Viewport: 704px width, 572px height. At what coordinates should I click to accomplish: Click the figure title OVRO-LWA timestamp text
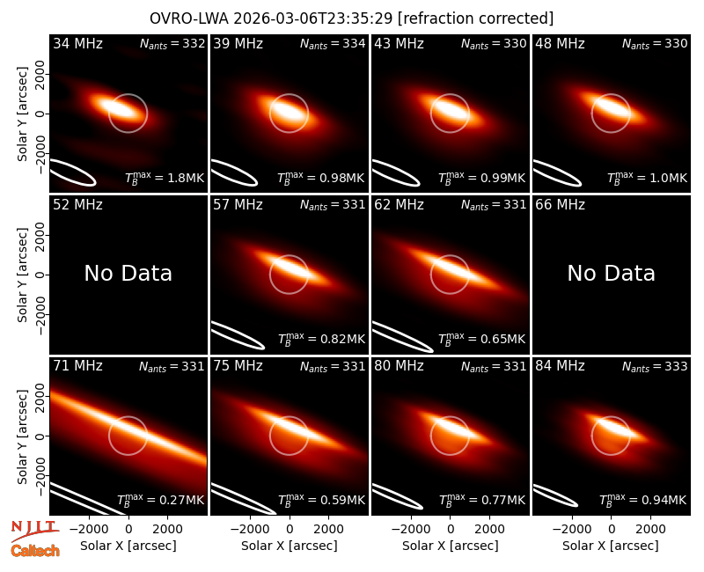(x=351, y=18)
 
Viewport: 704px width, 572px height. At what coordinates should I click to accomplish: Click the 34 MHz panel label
(x=77, y=43)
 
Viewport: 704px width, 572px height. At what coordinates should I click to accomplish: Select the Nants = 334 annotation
(x=333, y=44)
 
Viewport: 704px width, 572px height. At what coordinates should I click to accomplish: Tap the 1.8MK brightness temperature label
(x=165, y=178)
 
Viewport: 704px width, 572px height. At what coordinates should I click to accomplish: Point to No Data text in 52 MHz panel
(x=128, y=273)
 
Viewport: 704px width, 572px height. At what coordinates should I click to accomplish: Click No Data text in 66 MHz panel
(x=611, y=273)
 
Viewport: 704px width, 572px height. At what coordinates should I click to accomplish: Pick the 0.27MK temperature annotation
(x=161, y=499)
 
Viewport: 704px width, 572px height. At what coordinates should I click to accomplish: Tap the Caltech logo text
(x=35, y=551)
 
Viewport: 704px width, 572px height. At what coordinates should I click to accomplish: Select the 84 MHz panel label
(x=560, y=366)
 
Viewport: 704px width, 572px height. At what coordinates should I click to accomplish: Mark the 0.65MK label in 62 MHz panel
(x=481, y=339)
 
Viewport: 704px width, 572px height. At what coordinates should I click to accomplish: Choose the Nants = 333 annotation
(x=655, y=367)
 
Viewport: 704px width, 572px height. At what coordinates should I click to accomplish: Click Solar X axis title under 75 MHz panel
(x=290, y=546)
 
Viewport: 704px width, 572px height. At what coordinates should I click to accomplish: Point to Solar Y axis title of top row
(x=23, y=114)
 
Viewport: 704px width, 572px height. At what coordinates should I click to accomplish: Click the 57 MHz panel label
(x=238, y=205)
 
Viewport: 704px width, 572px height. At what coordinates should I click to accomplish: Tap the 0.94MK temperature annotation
(x=643, y=499)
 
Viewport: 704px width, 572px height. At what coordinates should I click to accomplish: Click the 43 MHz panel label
(x=399, y=43)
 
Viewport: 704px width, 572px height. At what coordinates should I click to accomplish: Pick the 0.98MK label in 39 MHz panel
(x=321, y=178)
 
